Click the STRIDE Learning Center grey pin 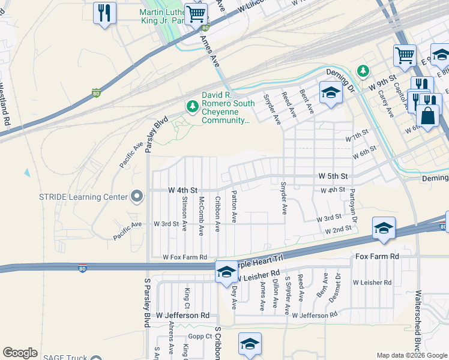click(x=137, y=196)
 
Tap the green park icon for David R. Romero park click(x=192, y=107)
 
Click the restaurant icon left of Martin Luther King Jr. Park click(x=105, y=13)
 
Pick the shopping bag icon click(x=427, y=116)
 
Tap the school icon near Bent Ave click(x=330, y=93)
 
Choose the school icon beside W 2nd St click(x=384, y=229)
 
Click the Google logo click(x=20, y=353)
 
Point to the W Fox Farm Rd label click(x=184, y=257)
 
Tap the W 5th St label click(x=333, y=176)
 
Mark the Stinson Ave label click(x=185, y=209)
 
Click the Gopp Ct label click(x=196, y=337)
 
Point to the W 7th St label click(x=356, y=139)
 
